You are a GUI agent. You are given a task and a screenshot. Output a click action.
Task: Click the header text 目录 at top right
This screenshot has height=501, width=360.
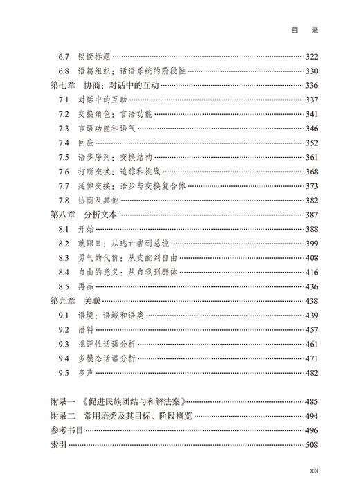[x=307, y=30]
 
